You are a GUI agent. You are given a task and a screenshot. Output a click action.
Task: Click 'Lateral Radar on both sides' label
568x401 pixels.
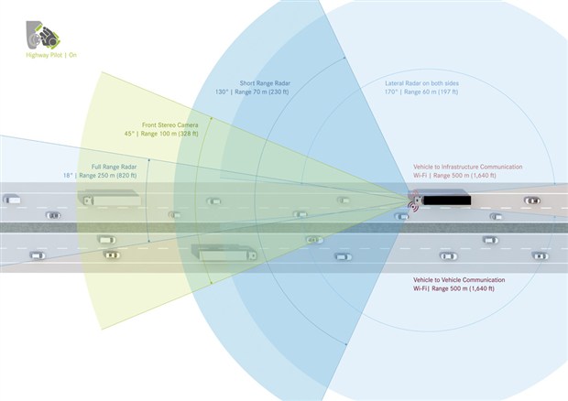429,84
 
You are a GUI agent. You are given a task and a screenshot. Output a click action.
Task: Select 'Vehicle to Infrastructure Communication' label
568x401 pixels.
467,167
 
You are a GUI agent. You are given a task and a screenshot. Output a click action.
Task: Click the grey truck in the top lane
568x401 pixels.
107,197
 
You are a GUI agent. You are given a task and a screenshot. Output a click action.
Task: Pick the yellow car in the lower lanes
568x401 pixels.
110,255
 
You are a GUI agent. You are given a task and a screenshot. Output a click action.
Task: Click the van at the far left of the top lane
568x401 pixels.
11,199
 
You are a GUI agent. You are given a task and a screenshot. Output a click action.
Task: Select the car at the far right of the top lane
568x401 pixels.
531,200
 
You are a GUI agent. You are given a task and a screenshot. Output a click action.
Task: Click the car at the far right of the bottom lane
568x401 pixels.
540,255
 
